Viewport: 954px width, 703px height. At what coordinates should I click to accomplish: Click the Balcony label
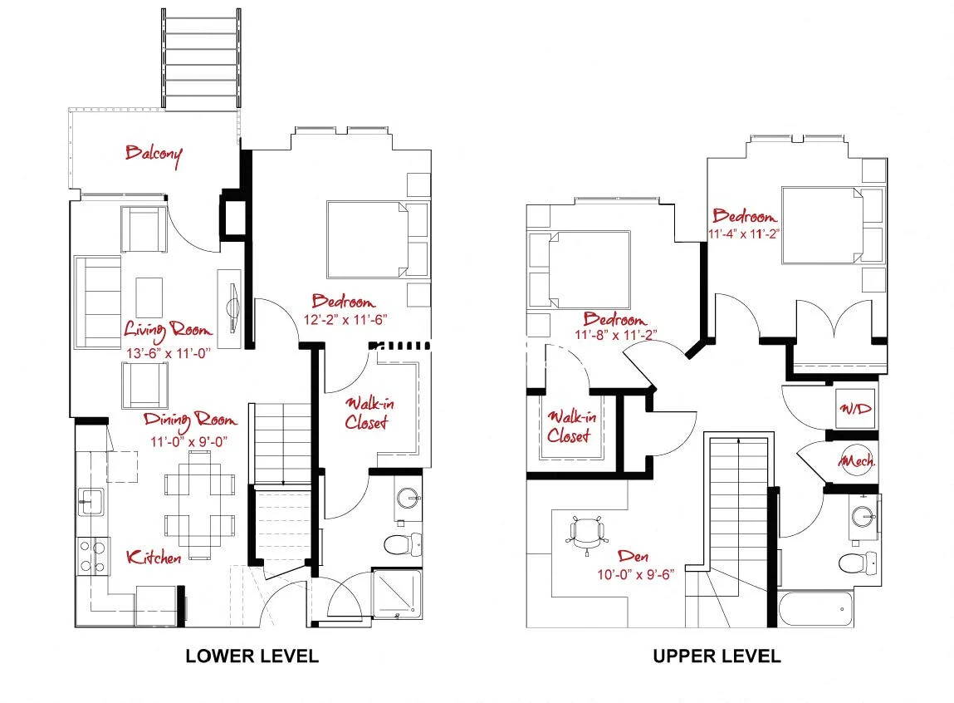154,154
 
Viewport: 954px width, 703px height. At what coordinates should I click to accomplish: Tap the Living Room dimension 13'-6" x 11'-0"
169,351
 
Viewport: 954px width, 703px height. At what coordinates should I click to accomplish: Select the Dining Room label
190,420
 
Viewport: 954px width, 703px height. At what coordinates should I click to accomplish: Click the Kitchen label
154,558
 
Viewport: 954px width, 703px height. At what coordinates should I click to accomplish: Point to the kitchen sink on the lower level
91,500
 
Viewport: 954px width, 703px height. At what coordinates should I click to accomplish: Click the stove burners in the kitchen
93,557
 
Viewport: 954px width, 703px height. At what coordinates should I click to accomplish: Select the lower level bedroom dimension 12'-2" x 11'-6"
343,319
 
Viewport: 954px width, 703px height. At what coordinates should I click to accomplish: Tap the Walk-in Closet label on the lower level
366,413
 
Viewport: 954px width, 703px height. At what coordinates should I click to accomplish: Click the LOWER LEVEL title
252,656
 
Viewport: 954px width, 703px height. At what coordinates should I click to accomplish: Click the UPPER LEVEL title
717,656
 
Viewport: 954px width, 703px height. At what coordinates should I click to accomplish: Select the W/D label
854,409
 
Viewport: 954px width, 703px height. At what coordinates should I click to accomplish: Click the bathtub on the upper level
815,611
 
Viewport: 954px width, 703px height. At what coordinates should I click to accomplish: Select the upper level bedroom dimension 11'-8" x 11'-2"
614,336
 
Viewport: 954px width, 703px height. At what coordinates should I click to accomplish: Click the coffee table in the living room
149,297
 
